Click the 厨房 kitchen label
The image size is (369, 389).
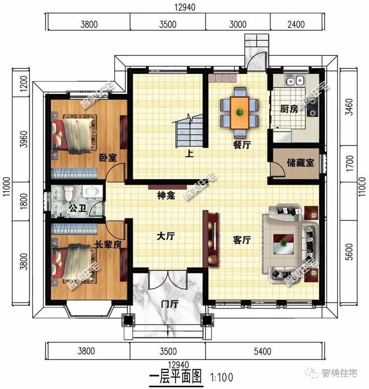[x=289, y=109]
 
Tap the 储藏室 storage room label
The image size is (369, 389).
[x=300, y=163]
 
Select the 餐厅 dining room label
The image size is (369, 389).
[x=242, y=145]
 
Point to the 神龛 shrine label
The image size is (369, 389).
[x=166, y=196]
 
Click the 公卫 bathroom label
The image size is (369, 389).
[x=78, y=208]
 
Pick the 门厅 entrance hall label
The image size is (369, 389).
[x=170, y=304]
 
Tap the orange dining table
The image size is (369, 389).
[x=240, y=113]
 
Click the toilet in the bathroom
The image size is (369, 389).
[x=68, y=193]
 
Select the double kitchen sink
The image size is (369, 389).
[x=295, y=81]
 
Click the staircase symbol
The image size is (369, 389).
[x=190, y=131]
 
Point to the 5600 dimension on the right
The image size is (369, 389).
[x=349, y=252]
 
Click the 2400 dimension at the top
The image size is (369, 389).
[x=296, y=24]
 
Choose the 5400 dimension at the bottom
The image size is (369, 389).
[x=262, y=351]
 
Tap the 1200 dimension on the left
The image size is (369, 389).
[x=24, y=83]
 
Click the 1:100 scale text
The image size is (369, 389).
[x=221, y=377]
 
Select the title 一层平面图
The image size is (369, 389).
[x=175, y=376]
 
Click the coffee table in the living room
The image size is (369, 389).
[x=284, y=244]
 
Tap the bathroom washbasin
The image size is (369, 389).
[x=92, y=191]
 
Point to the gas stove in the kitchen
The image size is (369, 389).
[x=312, y=107]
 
